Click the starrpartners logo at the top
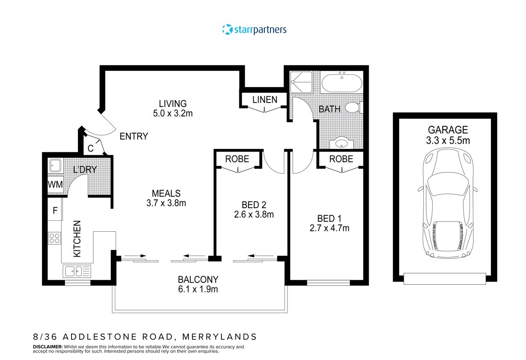[x=254, y=30]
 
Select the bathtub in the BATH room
[x=341, y=83]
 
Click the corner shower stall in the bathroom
[x=301, y=82]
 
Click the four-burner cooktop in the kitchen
[x=54, y=238]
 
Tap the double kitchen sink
[x=77, y=271]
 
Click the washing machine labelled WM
[x=55, y=184]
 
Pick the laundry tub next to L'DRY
[x=55, y=165]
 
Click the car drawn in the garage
[x=448, y=204]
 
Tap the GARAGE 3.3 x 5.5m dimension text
[x=448, y=135]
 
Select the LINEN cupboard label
[x=265, y=100]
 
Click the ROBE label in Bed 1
[x=341, y=159]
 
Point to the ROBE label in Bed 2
[x=237, y=159]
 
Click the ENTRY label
[x=134, y=136]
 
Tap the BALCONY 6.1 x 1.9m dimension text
[x=198, y=284]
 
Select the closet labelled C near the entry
[x=93, y=145]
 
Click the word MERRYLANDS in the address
[x=219, y=337]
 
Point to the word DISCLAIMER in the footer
[x=48, y=346]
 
